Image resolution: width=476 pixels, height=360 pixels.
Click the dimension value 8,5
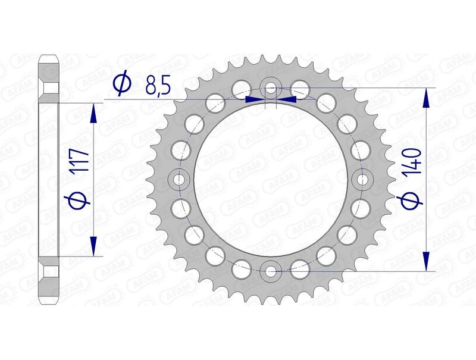tap(158, 86)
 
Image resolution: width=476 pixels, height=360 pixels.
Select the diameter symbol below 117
tap(82, 201)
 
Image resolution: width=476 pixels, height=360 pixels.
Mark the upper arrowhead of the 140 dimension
tap(426, 98)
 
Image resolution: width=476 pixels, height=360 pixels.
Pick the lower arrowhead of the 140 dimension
tap(426, 259)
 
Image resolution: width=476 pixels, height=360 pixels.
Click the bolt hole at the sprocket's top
tap(271, 89)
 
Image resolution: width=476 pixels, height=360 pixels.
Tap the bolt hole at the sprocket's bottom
tap(271, 271)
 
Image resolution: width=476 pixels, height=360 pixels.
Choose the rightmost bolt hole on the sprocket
tap(362, 179)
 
